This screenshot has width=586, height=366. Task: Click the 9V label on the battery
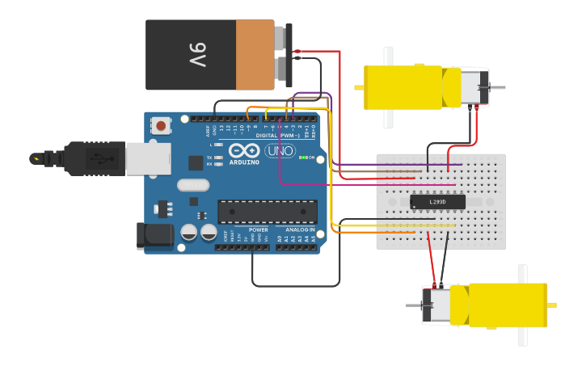tap(199, 55)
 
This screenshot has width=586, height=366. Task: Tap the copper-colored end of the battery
tap(255, 55)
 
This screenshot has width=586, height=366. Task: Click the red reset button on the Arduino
tap(162, 125)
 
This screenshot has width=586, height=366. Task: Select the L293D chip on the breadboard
tap(437, 201)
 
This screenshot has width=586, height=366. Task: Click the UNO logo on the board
tap(280, 151)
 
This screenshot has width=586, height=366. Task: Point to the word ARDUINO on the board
tap(244, 162)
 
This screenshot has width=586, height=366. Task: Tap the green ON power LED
tap(301, 158)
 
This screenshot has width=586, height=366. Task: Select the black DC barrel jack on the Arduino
tap(154, 235)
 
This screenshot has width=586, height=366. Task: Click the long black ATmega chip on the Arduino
tap(267, 212)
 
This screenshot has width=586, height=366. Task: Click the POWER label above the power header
tap(258, 229)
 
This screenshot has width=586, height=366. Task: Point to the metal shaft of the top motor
tap(498, 87)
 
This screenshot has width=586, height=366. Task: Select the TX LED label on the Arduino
tap(209, 157)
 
